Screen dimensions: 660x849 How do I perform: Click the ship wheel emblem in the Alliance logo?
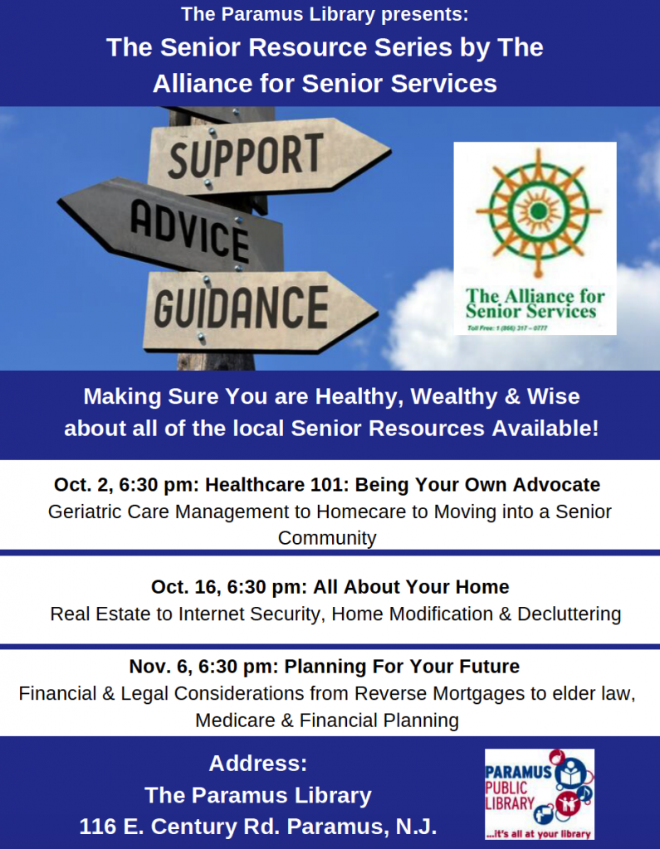(537, 211)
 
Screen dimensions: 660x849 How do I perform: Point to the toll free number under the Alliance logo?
(507, 328)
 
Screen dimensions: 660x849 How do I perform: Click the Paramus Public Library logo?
(539, 793)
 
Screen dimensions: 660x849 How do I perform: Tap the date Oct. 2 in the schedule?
(83, 484)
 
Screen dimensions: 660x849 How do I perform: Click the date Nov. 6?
(160, 667)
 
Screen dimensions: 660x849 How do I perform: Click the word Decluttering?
(569, 614)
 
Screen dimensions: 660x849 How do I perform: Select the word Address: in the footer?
(258, 764)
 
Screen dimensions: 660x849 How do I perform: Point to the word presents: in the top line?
(424, 15)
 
